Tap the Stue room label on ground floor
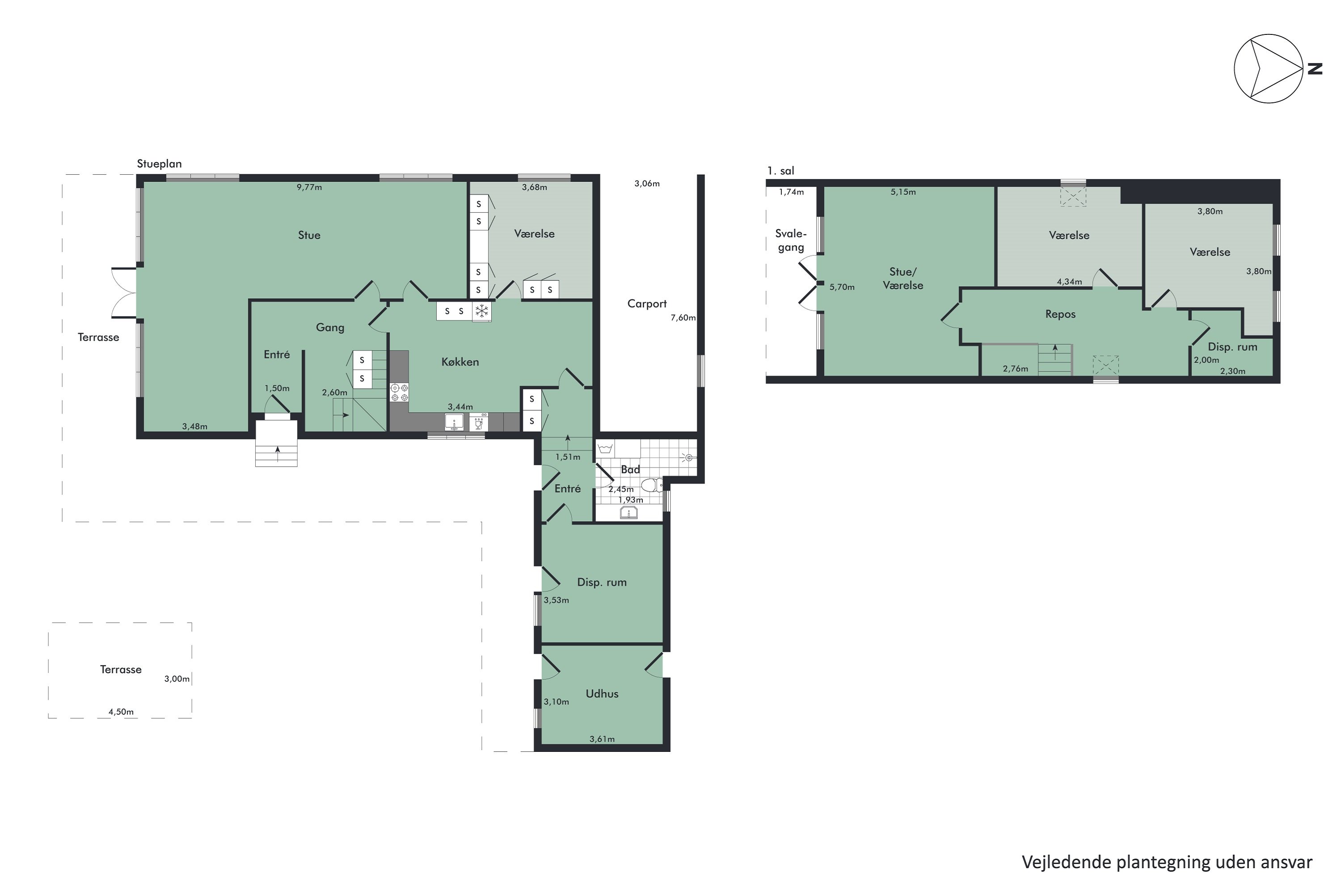tap(309, 235)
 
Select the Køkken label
tap(460, 362)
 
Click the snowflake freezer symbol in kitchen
tap(482, 311)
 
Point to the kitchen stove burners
tap(399, 392)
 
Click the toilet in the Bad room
tap(651, 485)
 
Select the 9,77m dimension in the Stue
tap(309, 187)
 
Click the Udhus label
tap(602, 693)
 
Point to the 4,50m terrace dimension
tap(121, 712)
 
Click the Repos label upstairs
tap(1060, 314)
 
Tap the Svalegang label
tap(791, 240)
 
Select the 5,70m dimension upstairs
tap(842, 287)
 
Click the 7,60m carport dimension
tap(683, 317)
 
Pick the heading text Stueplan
tap(159, 164)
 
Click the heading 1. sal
tap(780, 170)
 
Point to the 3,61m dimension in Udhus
tap(602, 739)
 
